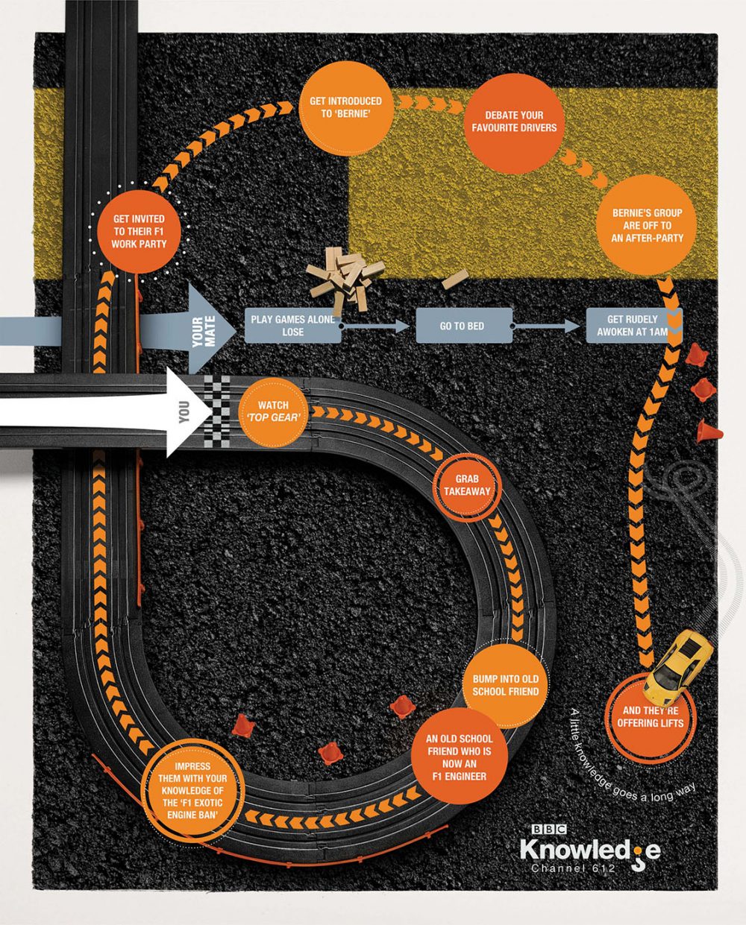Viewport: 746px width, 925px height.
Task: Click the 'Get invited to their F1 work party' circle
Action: coord(140,232)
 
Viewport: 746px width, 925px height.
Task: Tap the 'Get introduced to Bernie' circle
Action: coord(345,107)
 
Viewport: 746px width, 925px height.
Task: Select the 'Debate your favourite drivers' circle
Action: coord(514,121)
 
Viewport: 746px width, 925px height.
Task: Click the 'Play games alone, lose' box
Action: coord(293,325)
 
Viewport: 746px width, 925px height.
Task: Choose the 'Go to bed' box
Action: coord(463,326)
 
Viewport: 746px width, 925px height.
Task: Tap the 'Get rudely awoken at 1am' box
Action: coord(633,325)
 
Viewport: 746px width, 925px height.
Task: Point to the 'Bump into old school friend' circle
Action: coord(505,684)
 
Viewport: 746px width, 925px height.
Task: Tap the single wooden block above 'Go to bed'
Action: coord(454,280)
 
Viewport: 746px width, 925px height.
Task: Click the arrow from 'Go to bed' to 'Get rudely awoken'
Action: coord(546,326)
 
